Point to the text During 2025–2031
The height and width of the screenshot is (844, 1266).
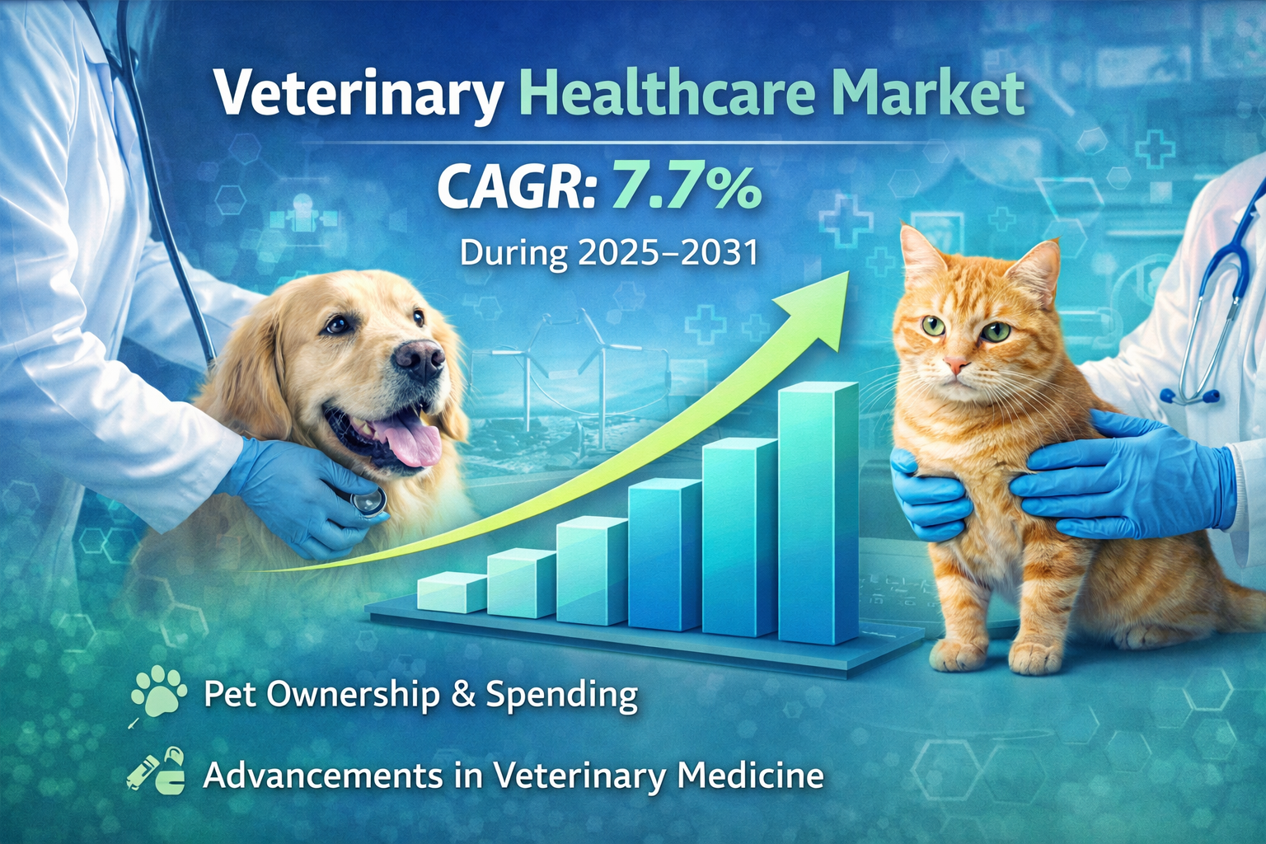click(x=609, y=253)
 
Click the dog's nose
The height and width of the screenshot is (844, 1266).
click(x=420, y=360)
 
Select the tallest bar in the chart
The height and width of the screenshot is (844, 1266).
click(x=818, y=512)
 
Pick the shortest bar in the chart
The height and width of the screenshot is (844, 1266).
click(x=451, y=592)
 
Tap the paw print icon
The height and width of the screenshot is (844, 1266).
click(x=157, y=692)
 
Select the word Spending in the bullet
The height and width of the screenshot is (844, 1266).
click(x=562, y=695)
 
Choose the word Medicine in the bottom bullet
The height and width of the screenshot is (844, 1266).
click(x=749, y=776)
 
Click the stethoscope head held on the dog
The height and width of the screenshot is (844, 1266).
click(x=368, y=501)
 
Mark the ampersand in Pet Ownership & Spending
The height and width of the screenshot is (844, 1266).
click(x=463, y=694)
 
